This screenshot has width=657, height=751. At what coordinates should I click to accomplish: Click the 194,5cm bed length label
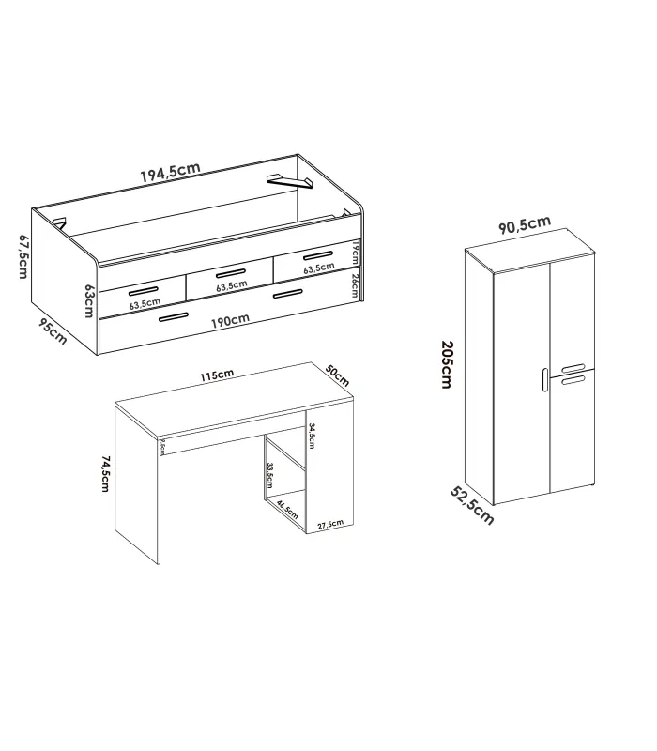click(170, 172)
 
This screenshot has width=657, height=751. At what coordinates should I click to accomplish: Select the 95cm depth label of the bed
click(53, 332)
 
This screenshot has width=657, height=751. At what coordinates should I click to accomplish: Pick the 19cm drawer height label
click(357, 251)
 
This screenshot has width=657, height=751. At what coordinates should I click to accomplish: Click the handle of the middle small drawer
click(229, 274)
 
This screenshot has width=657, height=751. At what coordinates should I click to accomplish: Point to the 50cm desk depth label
click(337, 375)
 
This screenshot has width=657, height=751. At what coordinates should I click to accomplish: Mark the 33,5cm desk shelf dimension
click(269, 478)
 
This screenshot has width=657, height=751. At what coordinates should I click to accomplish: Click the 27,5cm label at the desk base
click(330, 525)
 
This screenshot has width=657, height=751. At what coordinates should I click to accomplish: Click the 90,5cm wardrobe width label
click(524, 225)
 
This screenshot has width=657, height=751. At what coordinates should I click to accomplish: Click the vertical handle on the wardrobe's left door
click(542, 379)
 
